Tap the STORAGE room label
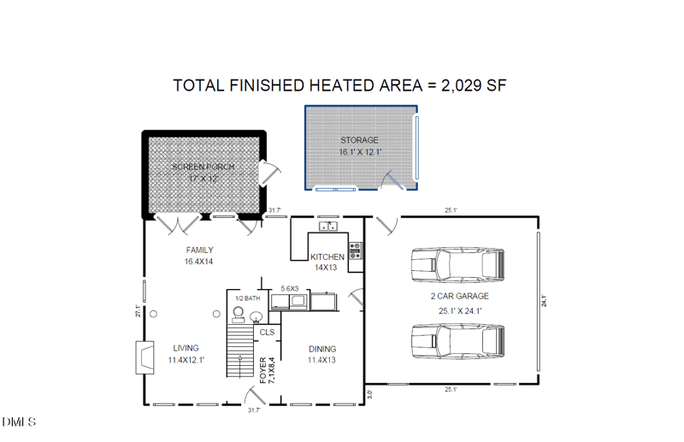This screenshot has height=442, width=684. [x=359, y=140]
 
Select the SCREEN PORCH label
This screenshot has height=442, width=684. [x=203, y=167]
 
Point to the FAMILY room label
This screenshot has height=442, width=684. [x=199, y=250]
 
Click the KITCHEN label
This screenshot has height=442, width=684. [x=327, y=256]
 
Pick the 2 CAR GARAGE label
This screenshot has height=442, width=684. [x=459, y=297]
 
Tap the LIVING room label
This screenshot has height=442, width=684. [x=186, y=348]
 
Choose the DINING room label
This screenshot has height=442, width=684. [x=322, y=349]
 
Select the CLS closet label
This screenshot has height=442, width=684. [x=267, y=332]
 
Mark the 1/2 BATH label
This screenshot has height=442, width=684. [x=247, y=298]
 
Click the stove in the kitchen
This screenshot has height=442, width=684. [x=355, y=250]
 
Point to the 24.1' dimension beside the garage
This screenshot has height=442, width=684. [x=544, y=300]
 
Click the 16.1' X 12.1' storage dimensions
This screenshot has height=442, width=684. [x=359, y=152]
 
